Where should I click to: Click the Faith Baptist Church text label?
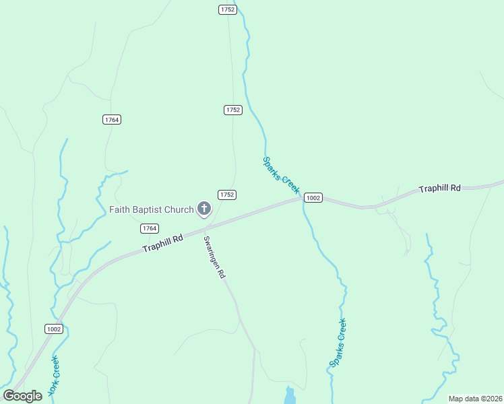[x=152, y=209]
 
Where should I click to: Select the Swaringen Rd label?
[x=214, y=257]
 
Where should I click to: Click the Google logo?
[x=23, y=396]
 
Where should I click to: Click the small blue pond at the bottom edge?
[x=290, y=395]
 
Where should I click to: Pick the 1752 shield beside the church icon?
[x=226, y=195]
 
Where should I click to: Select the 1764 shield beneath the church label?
[x=150, y=228]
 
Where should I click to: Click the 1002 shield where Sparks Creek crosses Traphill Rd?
[x=313, y=198]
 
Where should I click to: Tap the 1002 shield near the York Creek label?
[x=55, y=329]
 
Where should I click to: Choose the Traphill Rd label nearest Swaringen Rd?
[x=163, y=244]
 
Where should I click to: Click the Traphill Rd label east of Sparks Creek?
[x=439, y=189]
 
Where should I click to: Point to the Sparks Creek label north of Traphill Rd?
[x=280, y=174]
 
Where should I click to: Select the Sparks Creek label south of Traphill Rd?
[x=338, y=342]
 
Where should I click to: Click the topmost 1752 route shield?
[x=227, y=9]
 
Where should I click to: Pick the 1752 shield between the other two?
[x=232, y=110]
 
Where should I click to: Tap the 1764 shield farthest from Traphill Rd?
[x=112, y=119]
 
